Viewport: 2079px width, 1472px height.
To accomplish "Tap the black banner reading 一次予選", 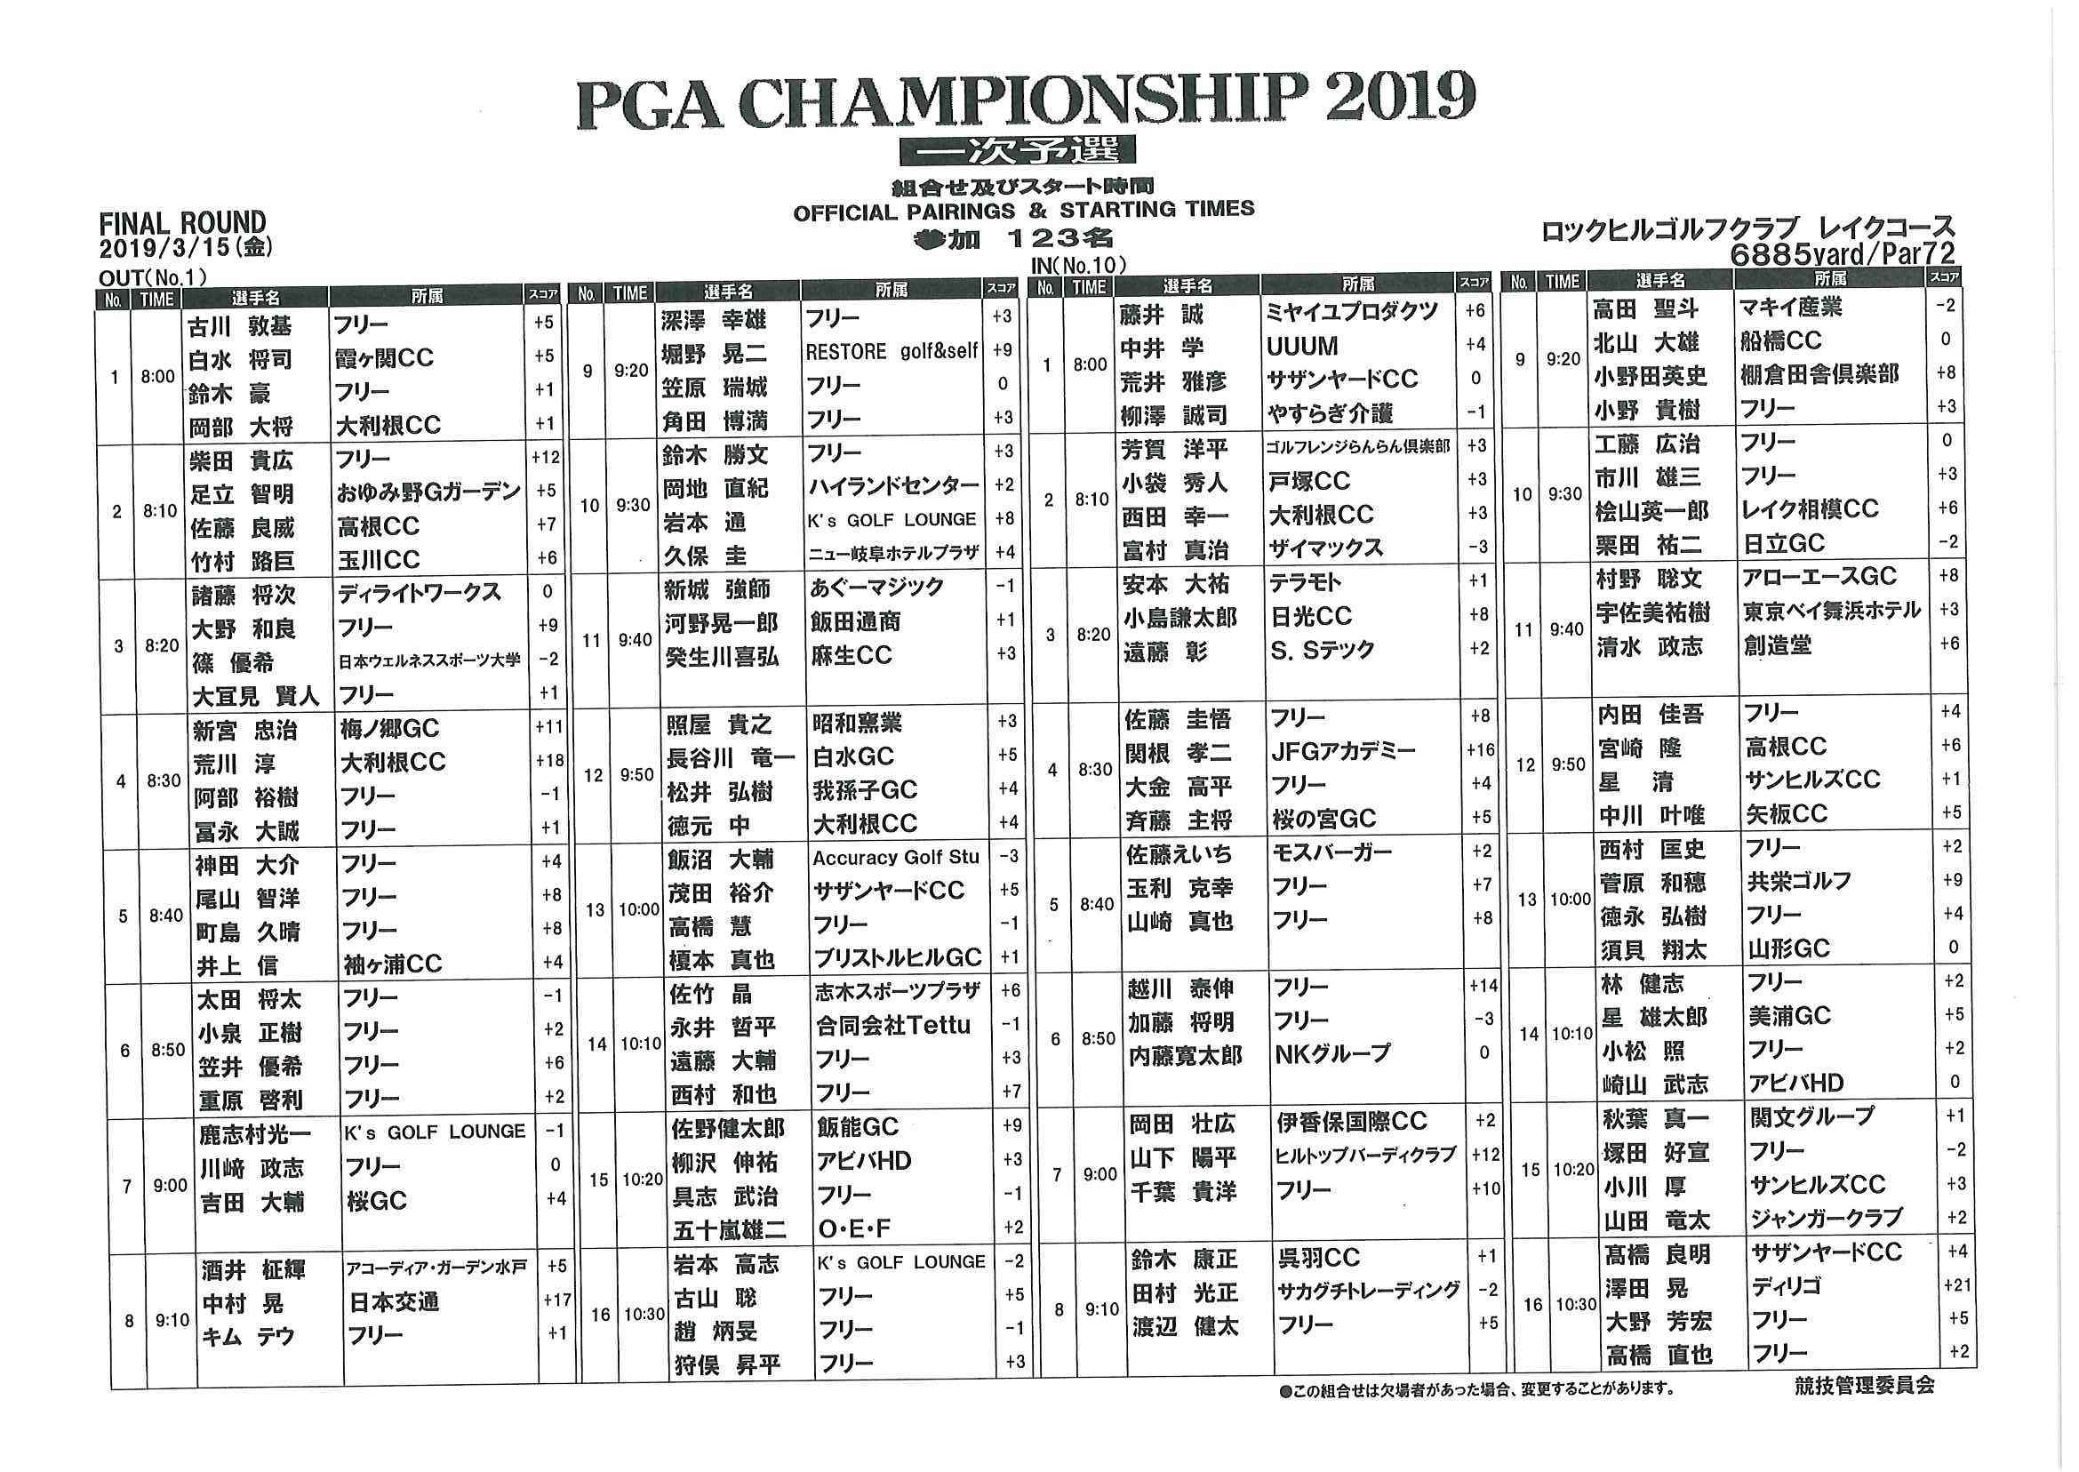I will (1017, 149).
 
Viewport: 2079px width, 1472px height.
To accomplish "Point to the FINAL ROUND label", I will (182, 223).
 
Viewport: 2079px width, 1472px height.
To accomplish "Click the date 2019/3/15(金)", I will (187, 247).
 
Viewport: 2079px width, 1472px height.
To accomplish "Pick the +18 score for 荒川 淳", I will (549, 761).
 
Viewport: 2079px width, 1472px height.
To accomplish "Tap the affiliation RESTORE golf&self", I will (891, 352).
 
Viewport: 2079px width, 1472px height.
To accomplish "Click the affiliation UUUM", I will (1302, 348).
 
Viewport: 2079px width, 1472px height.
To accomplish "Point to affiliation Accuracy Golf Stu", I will (895, 858).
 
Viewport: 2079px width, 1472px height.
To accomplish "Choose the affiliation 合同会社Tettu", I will (892, 1025).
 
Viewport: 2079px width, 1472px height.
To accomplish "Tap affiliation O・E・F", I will (854, 1228).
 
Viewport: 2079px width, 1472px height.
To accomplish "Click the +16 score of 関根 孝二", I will (1479, 749).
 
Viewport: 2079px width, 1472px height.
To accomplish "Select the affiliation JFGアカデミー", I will (1342, 751).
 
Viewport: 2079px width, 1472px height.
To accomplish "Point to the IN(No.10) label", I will (1077, 266).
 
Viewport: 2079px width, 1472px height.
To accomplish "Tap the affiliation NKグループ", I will (1331, 1053).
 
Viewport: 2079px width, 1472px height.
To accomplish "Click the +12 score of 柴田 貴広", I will (546, 458).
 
